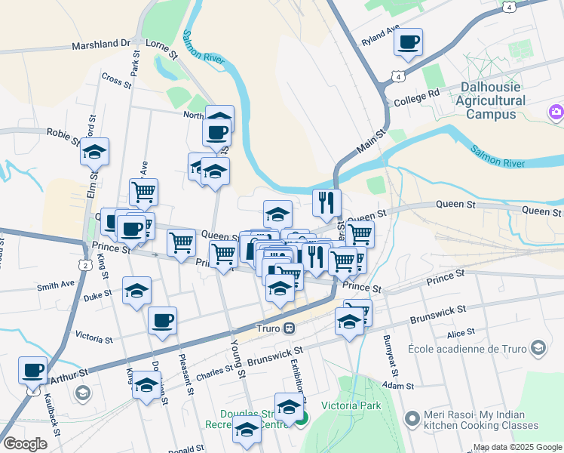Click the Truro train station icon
tap(289, 329)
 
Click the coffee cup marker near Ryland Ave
tap(408, 42)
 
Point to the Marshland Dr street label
tap(102, 45)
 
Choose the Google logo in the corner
tap(25, 444)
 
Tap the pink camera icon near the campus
tap(556, 112)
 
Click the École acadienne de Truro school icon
tap(538, 348)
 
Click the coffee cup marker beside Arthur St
tap(32, 371)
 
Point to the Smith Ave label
tap(57, 285)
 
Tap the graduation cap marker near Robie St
tap(95, 152)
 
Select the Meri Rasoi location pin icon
tap(412, 418)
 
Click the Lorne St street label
tap(161, 50)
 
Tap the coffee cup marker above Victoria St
tap(162, 321)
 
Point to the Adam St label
tap(398, 384)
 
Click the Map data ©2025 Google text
tap(516, 447)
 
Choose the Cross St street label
tap(116, 79)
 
